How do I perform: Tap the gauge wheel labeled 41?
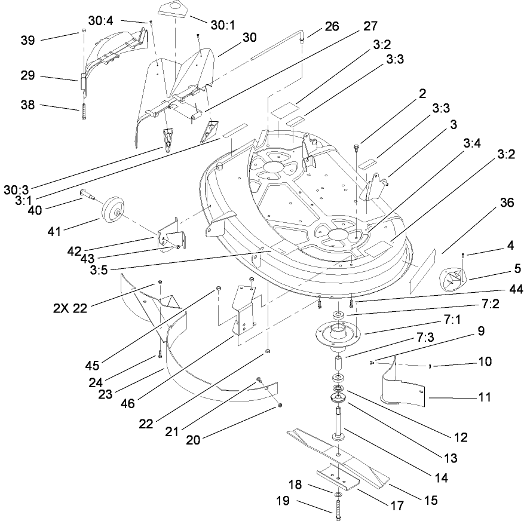point(111,210)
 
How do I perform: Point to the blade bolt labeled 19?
point(337,510)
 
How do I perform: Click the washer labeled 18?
point(338,495)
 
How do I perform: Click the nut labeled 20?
point(280,406)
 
